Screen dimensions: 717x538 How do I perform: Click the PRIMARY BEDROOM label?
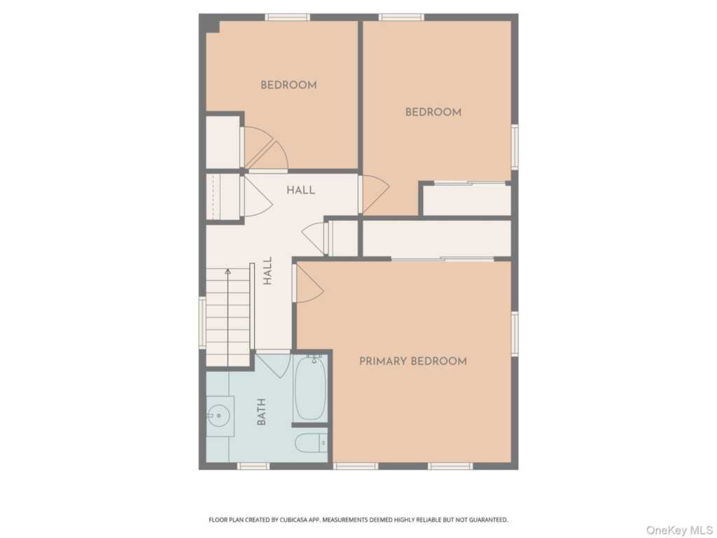413,361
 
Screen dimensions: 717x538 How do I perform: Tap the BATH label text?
262,412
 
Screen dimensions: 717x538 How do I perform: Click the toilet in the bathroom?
311,443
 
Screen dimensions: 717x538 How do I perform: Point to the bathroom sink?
220,416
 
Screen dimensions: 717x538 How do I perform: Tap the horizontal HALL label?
300,190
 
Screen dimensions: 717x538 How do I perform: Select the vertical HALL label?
267,270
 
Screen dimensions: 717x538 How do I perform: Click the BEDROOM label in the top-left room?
288,85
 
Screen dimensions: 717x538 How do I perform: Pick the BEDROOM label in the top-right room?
433,112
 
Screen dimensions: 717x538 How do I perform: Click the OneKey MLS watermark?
679,530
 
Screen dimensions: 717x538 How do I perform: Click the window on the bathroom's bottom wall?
253,466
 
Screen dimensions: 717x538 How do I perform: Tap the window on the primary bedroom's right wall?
515,333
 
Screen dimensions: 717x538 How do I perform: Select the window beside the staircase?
202,322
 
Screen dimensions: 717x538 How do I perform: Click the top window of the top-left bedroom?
288,18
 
